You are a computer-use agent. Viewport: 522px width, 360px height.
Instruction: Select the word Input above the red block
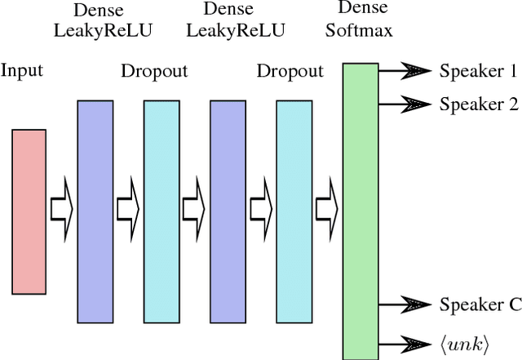click(21, 71)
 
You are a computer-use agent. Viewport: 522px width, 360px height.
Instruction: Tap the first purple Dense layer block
click(94, 211)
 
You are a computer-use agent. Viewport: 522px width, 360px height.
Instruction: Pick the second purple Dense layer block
click(227, 211)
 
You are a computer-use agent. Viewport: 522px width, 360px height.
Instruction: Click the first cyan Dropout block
click(161, 211)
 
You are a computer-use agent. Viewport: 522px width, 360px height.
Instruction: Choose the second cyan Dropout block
click(293, 211)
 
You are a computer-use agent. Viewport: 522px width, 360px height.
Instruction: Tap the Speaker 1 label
click(478, 71)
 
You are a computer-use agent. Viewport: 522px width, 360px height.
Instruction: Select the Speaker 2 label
click(478, 104)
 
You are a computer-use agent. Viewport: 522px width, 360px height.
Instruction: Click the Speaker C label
click(480, 305)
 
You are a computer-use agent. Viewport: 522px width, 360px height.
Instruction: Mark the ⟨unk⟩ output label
click(463, 342)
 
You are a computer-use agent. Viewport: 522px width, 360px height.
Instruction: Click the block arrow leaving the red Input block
click(60, 210)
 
